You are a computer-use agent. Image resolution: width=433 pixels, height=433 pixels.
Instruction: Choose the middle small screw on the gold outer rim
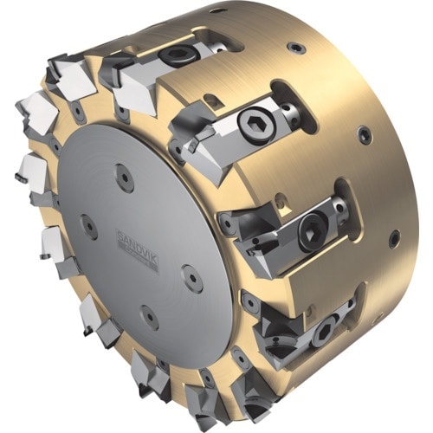pos(365,134)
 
